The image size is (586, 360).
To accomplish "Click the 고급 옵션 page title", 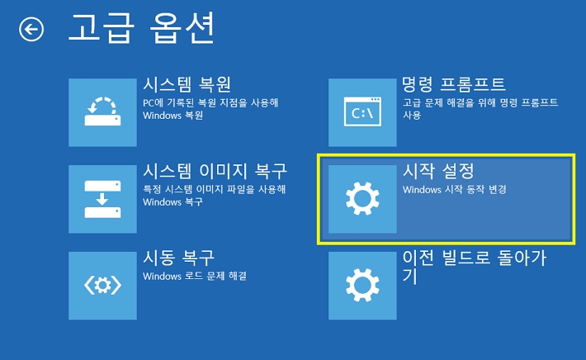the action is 140,29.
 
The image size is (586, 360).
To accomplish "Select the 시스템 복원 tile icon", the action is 102,112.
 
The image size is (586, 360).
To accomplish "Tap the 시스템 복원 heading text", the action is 187,85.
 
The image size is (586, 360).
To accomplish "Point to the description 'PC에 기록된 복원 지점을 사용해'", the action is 210,102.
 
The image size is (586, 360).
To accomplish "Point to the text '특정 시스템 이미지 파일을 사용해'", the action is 214,189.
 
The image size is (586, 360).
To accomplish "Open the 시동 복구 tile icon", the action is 102,286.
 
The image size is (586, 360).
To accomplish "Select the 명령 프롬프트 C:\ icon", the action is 362,112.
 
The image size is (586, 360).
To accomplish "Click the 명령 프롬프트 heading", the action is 453,85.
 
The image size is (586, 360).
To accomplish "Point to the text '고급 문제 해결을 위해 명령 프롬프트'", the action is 480,102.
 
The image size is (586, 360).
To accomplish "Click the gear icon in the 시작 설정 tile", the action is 362,199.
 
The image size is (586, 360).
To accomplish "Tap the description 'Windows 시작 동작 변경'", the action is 454,189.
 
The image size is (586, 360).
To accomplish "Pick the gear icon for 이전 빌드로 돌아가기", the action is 362,286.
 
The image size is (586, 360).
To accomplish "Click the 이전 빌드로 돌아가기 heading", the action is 474,258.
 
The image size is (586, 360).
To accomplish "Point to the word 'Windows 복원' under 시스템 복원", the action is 172,116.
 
